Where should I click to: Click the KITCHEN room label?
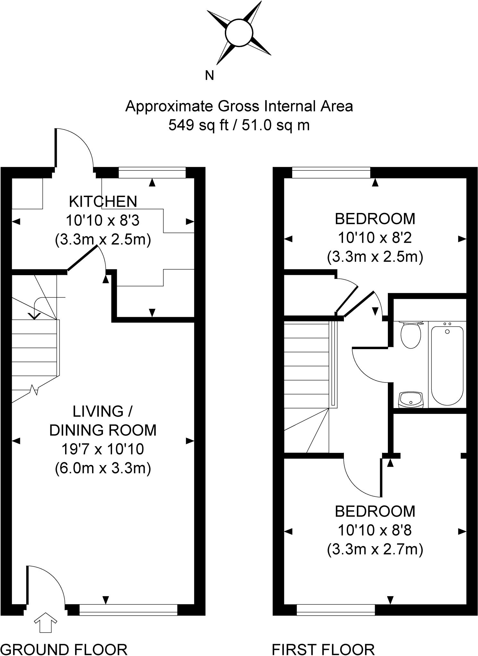(103, 201)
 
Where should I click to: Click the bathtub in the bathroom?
(447, 365)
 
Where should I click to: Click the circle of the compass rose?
(239, 33)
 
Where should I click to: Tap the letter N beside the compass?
(209, 76)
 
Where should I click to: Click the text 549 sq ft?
(198, 125)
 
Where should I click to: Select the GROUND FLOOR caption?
(64, 650)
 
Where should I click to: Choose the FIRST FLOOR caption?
(323, 650)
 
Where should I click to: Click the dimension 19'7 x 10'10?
(103, 449)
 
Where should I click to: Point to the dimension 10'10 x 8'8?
(375, 530)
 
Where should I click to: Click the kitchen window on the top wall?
(152, 173)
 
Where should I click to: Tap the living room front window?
(128, 610)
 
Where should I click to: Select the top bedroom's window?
(331, 173)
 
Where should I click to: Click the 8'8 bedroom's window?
(336, 610)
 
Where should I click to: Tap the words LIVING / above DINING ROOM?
(103, 411)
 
